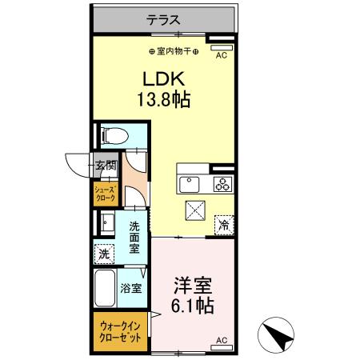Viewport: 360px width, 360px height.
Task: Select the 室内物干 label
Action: click(174, 52)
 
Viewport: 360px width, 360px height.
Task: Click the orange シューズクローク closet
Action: click(106, 193)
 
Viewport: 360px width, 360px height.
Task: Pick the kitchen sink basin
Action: click(190, 183)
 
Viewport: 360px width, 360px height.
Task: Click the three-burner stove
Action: click(222, 184)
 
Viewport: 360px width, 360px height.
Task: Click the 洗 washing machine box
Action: click(104, 254)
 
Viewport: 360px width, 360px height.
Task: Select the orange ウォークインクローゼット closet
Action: click(122, 333)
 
